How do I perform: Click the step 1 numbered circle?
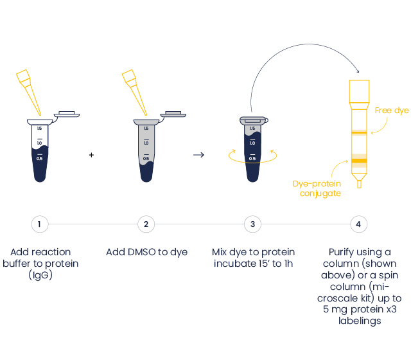(40, 224)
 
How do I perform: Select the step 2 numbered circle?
(146, 224)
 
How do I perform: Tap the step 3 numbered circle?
(253, 224)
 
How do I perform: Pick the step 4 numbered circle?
(359, 224)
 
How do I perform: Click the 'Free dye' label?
(392, 111)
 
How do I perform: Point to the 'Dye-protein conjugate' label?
(317, 188)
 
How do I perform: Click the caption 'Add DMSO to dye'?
(146, 253)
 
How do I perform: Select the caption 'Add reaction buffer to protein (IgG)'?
(40, 264)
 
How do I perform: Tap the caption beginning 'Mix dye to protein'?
(253, 258)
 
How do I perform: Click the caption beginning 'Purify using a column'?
(359, 287)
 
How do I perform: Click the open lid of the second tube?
(172, 114)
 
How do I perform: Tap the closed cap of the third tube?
(252, 120)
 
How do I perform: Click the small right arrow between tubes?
(199, 155)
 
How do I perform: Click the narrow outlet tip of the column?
(359, 184)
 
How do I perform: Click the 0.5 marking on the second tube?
(146, 158)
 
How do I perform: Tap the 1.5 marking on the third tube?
(252, 129)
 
